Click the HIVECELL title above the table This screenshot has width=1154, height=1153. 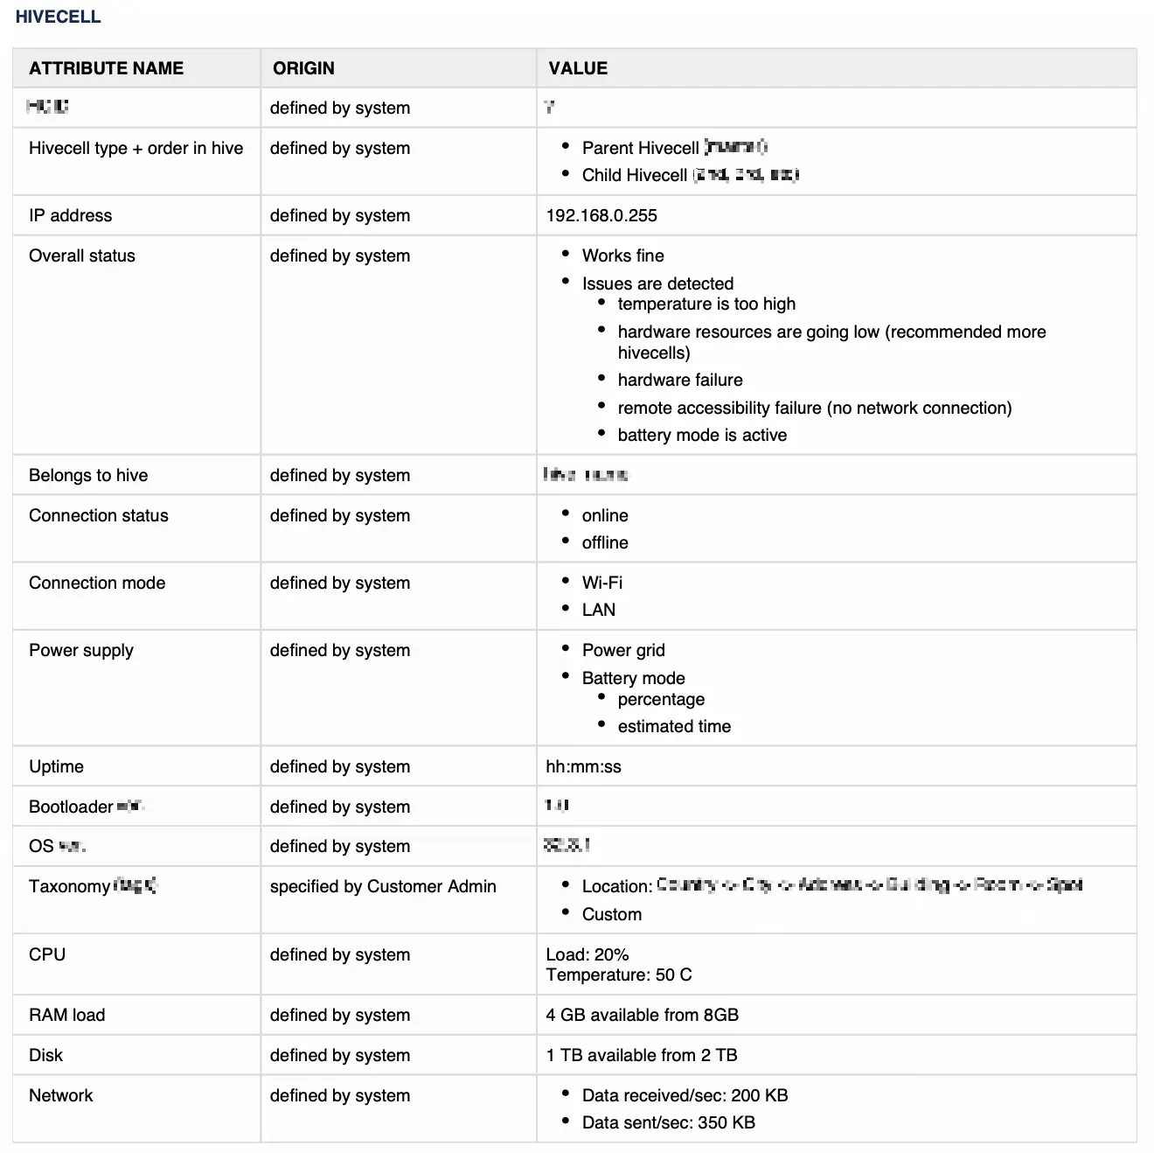click(58, 17)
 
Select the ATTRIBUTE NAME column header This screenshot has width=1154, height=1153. click(106, 68)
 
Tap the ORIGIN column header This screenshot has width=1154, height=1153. click(303, 68)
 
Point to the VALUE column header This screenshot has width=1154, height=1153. click(578, 68)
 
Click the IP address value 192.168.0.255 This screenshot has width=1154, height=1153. click(601, 215)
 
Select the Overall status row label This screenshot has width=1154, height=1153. click(82, 255)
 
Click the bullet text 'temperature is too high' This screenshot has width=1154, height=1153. click(706, 304)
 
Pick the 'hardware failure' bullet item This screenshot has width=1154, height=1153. click(680, 380)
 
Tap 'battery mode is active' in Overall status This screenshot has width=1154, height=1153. click(702, 435)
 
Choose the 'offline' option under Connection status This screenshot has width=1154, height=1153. click(605, 542)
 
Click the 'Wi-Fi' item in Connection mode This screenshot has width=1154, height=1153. click(602, 583)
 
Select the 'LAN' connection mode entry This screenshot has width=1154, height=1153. click(599, 610)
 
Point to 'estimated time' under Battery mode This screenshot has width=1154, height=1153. click(674, 726)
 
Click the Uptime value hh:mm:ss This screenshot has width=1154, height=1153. click(583, 766)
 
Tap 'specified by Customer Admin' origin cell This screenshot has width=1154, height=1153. click(383, 886)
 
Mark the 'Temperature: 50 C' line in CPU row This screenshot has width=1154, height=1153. click(619, 975)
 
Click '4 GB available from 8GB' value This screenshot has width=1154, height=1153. click(643, 1015)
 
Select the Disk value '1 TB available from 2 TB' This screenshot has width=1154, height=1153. click(642, 1055)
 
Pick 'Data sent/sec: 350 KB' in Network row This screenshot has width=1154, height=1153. click(669, 1122)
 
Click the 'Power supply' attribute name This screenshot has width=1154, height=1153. click(81, 650)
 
